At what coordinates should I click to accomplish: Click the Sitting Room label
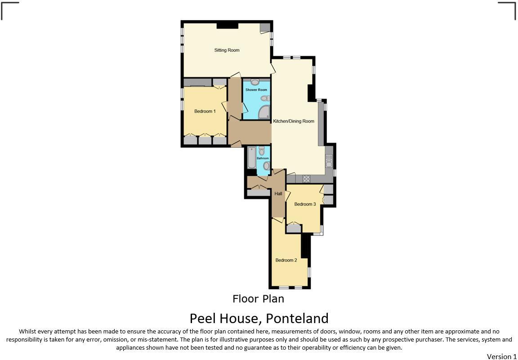[227, 50]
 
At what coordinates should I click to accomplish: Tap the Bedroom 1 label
[205, 111]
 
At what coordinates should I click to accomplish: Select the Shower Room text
[256, 90]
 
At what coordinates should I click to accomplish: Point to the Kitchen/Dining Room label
[294, 121]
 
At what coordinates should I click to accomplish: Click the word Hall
[278, 193]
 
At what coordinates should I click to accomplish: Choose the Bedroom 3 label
[305, 204]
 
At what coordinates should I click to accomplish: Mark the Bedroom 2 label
[286, 260]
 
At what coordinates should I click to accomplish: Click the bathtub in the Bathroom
[251, 157]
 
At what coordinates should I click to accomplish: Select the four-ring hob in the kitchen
[306, 179]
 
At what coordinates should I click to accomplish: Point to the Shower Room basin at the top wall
[255, 82]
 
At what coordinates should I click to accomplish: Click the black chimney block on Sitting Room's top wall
[227, 25]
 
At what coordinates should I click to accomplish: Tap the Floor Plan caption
[258, 298]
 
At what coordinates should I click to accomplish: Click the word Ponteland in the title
[297, 318]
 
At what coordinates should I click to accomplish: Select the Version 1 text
[501, 356]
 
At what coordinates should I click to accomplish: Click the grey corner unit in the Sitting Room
[266, 27]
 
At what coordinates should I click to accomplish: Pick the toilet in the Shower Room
[264, 98]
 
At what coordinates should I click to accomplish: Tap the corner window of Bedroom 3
[319, 232]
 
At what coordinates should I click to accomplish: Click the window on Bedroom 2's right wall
[309, 272]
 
